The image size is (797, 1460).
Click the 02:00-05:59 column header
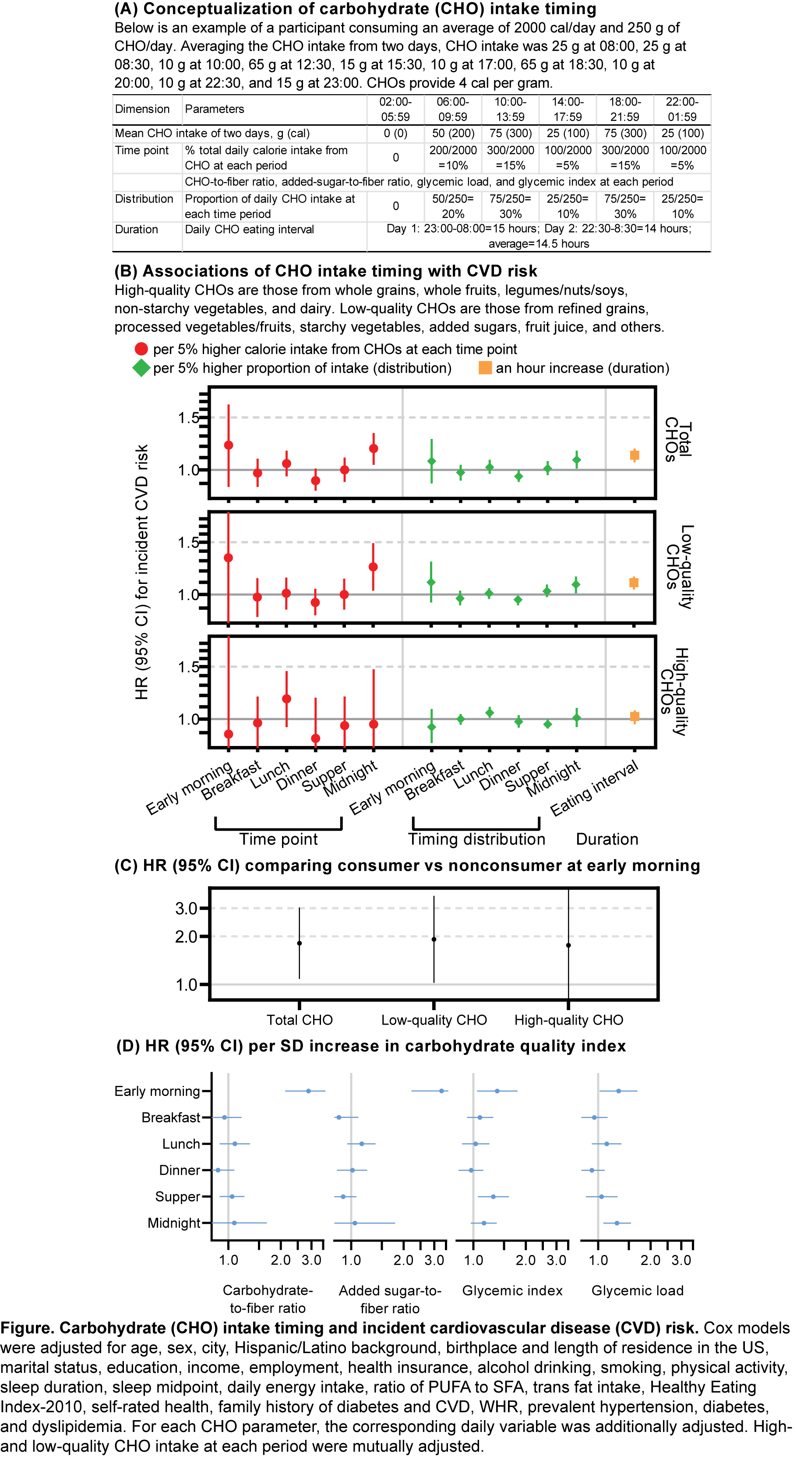click(395, 109)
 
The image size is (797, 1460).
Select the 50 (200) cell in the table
click(453, 133)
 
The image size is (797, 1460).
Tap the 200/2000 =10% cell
click(453, 158)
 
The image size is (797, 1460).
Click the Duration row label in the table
click(137, 230)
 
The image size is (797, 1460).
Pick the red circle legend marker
click(141, 349)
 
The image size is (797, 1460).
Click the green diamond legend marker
click(141, 368)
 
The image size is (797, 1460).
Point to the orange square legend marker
click(485, 368)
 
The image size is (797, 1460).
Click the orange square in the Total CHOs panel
click(635, 455)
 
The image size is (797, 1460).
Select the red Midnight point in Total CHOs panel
click(373, 448)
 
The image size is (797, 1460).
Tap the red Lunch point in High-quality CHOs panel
click(287, 699)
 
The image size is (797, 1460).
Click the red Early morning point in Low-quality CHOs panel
click(228, 558)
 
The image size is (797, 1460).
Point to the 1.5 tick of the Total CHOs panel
click(189, 418)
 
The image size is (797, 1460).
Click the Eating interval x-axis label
click(595, 788)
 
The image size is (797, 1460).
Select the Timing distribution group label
click(476, 839)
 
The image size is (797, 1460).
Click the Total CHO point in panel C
click(300, 943)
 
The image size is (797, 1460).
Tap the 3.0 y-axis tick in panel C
click(187, 909)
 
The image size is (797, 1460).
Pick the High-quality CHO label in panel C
click(568, 1020)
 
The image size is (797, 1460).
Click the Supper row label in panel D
click(177, 1196)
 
